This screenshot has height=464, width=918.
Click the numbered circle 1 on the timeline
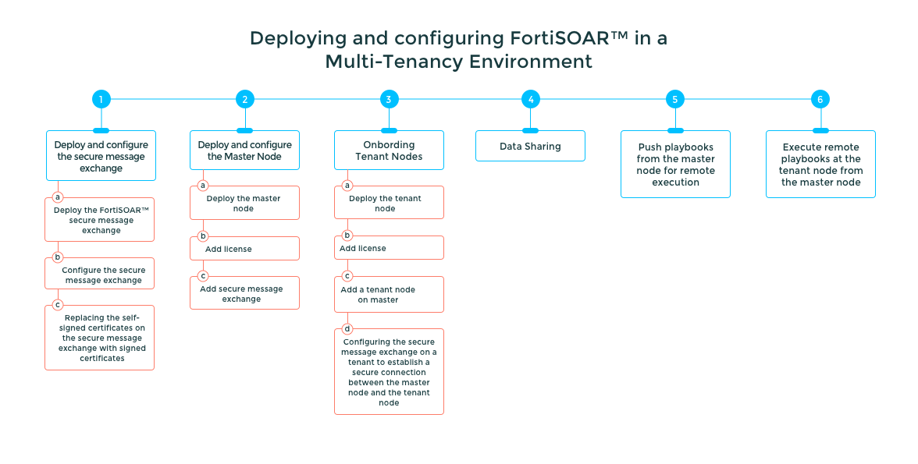[x=101, y=99]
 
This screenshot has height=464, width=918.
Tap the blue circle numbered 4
[x=531, y=99]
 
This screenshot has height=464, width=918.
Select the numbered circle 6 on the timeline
[x=820, y=99]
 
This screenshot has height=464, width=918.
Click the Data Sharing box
[x=530, y=146]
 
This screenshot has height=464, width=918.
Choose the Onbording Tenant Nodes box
[x=389, y=151]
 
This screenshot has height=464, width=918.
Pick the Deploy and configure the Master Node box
[x=244, y=151]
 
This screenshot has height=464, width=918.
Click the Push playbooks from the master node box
[x=675, y=165]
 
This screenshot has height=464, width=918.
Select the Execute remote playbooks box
[x=820, y=165]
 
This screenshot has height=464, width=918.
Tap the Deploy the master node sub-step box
[x=244, y=203]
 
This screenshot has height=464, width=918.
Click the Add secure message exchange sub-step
[x=244, y=293]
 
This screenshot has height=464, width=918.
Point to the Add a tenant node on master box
[x=389, y=295]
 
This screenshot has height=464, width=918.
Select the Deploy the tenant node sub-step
[x=389, y=203]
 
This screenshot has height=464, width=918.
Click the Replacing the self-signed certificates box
[x=100, y=338]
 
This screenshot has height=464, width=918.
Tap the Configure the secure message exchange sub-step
[x=100, y=275]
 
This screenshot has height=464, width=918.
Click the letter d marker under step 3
[x=347, y=328]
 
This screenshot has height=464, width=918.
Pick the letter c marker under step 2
[x=203, y=276]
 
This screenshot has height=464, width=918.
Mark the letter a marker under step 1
[x=57, y=197]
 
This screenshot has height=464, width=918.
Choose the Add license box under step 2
[x=244, y=249]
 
